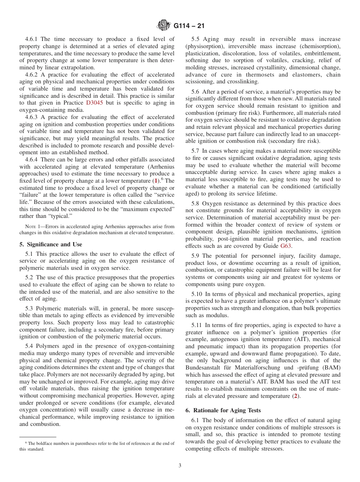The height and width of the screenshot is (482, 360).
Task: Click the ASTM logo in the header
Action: click(164, 26)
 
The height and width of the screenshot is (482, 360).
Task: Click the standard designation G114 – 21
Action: click(189, 26)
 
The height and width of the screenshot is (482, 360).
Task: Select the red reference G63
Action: click(286, 246)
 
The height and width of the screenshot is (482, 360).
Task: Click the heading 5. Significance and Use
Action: click(50, 244)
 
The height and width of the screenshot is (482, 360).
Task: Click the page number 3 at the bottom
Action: click(180, 466)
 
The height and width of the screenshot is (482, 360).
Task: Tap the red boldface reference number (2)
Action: click(296, 396)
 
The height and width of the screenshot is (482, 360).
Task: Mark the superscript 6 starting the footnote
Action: click(26, 443)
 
